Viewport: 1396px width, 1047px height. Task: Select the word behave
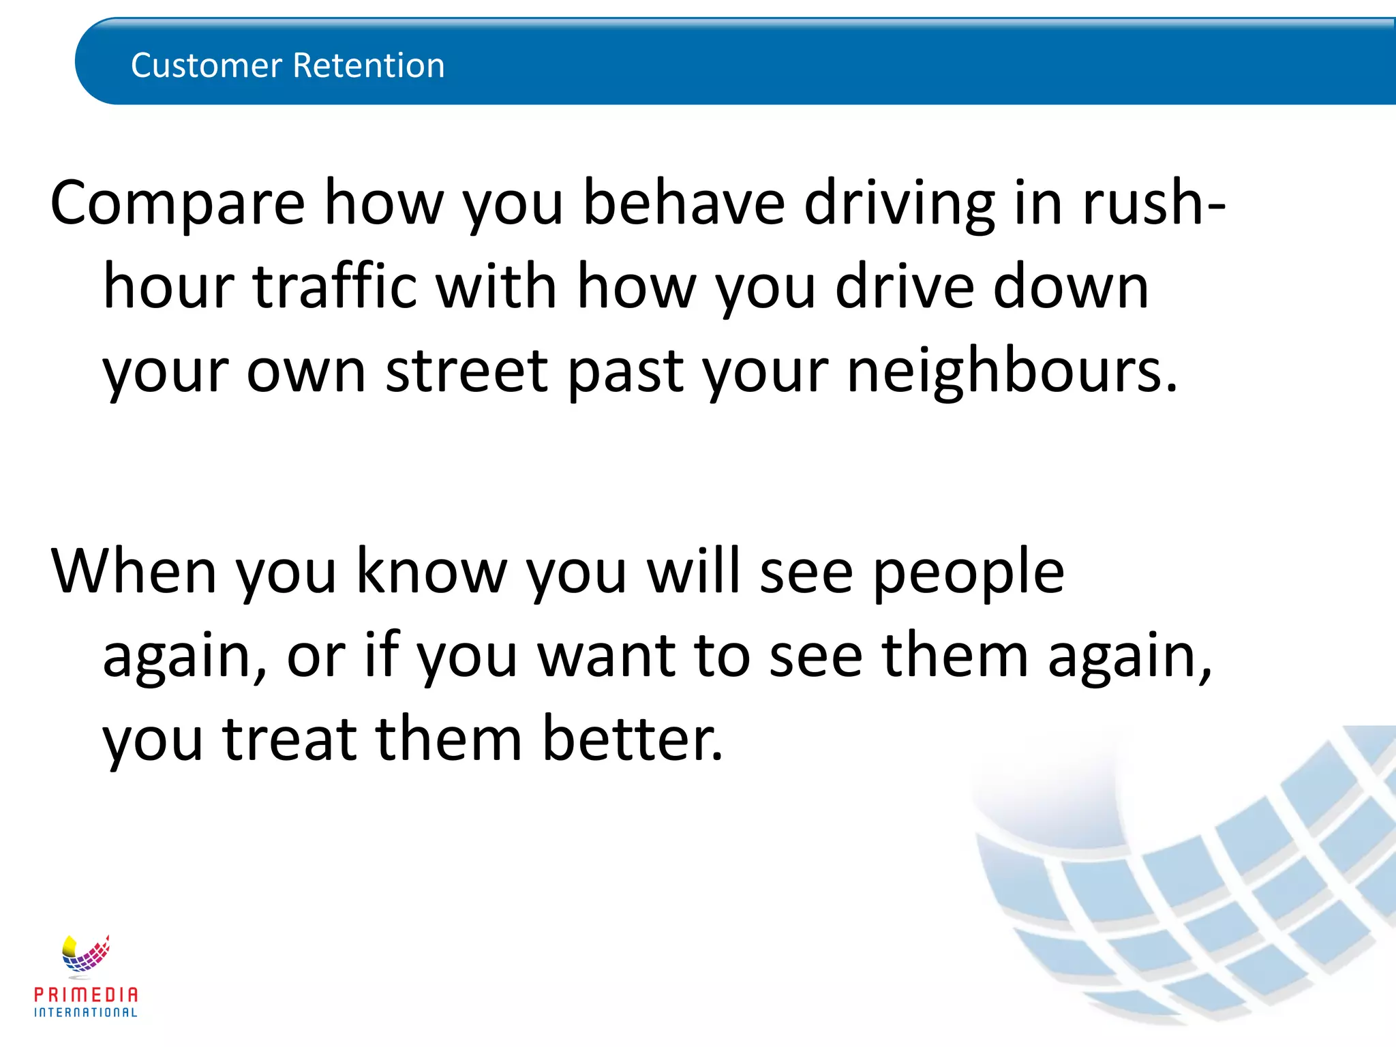(x=684, y=203)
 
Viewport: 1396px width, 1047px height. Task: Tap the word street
(x=466, y=371)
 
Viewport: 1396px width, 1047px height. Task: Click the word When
(x=134, y=571)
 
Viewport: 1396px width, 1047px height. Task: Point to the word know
(x=431, y=571)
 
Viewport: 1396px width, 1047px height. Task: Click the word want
(x=607, y=656)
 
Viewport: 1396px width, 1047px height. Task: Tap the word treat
(x=289, y=739)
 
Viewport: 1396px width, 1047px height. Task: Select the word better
(x=631, y=739)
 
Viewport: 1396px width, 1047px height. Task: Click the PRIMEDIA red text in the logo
(x=86, y=995)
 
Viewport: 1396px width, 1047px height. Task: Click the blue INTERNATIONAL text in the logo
(x=86, y=1013)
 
